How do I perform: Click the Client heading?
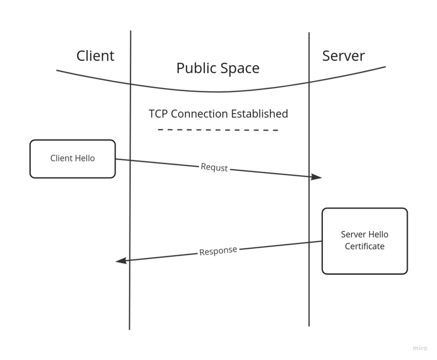pyautogui.click(x=95, y=56)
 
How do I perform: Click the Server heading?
pyautogui.click(x=343, y=56)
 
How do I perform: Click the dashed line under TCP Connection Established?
pyautogui.click(x=218, y=130)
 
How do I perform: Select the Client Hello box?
pyautogui.click(x=73, y=159)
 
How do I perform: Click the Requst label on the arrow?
pyautogui.click(x=214, y=168)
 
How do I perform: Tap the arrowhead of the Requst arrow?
pyautogui.click(x=317, y=177)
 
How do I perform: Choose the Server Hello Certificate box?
pyautogui.click(x=364, y=241)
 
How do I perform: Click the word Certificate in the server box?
pyautogui.click(x=364, y=247)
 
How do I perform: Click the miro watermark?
pyautogui.click(x=420, y=348)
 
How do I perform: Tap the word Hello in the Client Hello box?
pyautogui.click(x=85, y=158)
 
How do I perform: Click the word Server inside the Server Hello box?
pyautogui.click(x=353, y=235)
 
